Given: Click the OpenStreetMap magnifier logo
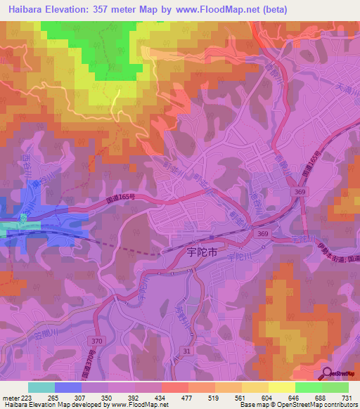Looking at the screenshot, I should coord(328,374).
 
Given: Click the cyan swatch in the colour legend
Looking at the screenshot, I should coord(41,387).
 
